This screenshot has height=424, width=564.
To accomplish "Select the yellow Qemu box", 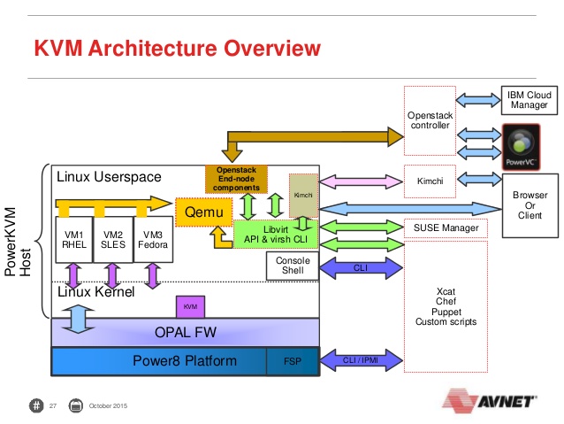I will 203,213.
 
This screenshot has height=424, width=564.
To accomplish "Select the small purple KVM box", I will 190,306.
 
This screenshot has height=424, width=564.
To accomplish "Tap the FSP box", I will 292,361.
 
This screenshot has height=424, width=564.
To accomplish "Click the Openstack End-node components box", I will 236,179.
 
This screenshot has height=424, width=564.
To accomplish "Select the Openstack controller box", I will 430,120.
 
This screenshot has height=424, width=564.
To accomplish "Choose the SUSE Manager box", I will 446,228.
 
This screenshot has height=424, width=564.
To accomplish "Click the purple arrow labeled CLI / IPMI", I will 359,360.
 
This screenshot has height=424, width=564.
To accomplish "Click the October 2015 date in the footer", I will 109,405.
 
